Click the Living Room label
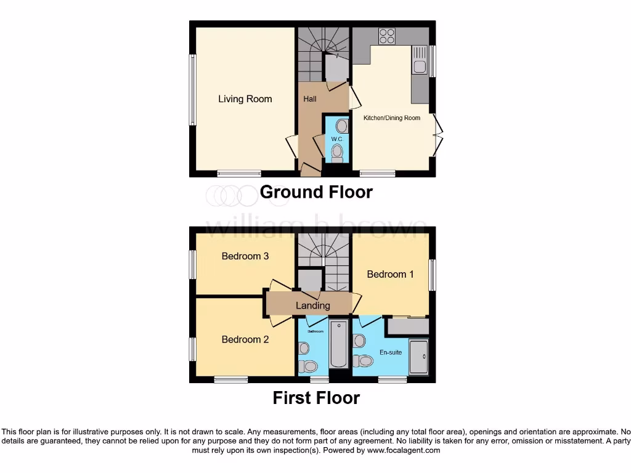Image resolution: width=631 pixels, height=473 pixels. pos(245,99)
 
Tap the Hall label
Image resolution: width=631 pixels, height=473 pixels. pos(310,99)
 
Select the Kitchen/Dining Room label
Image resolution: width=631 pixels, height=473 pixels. pos(391,118)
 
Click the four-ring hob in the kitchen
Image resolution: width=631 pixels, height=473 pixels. pos(387,36)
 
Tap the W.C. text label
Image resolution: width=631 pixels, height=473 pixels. pos(336,139)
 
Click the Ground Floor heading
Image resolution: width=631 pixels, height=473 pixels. pos(316,192)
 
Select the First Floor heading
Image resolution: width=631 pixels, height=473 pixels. pos(316,398)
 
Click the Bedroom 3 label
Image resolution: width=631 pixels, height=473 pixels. pos(245,256)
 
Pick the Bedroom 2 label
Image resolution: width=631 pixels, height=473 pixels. pos(245,339)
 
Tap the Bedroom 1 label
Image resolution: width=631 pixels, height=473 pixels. pos(390,274)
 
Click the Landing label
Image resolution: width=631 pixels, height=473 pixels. pos(313,305)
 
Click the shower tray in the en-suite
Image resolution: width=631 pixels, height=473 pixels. pos(419,357)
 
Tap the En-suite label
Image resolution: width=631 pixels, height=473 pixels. pos(391,353)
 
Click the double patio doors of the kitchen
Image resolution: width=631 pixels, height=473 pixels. pos(438,134)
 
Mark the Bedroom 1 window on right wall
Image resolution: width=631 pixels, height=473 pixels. pos(433,274)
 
